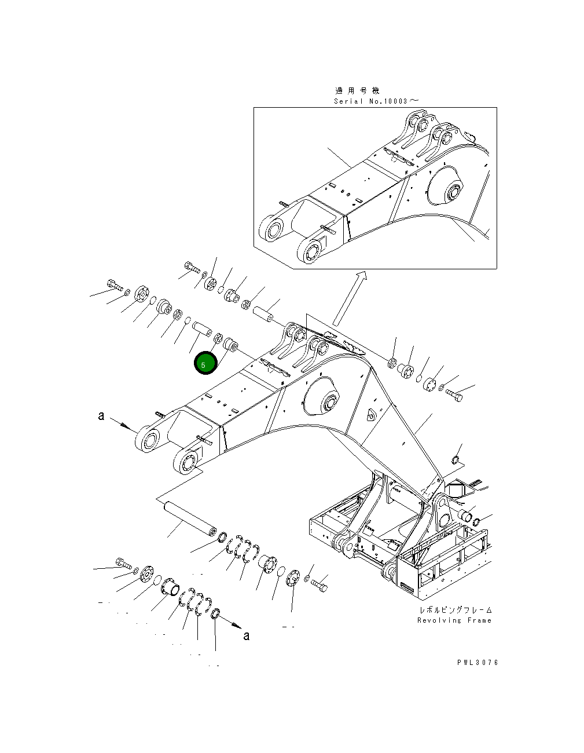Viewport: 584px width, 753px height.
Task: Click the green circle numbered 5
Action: (205, 364)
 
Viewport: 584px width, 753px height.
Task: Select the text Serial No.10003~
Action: (376, 101)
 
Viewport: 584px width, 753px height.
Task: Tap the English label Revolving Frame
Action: (454, 620)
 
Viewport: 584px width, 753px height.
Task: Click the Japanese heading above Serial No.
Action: (357, 90)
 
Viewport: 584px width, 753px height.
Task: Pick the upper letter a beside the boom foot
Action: (101, 415)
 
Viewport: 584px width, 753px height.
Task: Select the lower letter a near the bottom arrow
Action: (247, 635)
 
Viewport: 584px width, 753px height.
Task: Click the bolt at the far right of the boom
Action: (453, 396)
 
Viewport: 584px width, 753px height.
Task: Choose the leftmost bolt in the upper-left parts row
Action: (113, 285)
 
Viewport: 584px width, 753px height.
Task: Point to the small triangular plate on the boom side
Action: (370, 415)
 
